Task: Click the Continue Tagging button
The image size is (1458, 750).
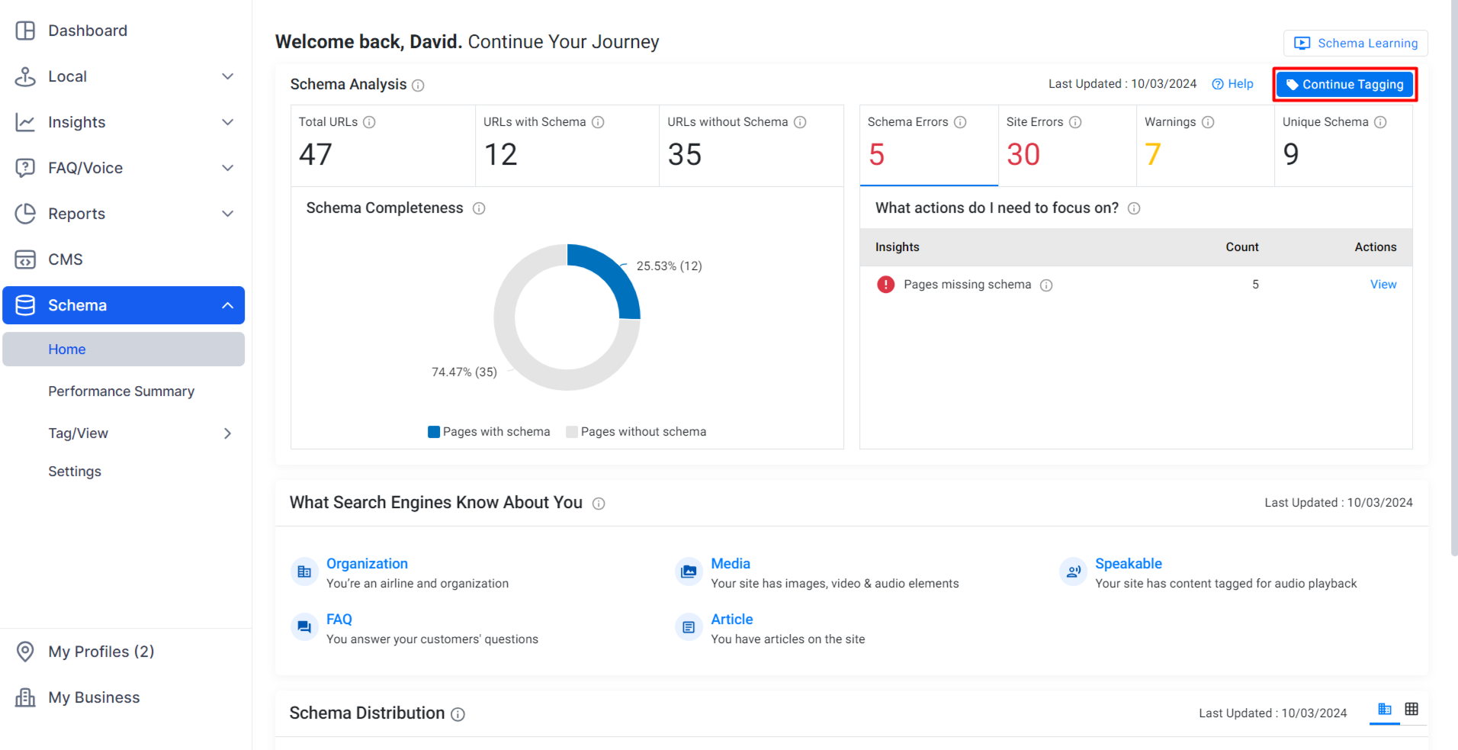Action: (x=1345, y=85)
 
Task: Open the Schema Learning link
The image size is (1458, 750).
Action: (x=1356, y=43)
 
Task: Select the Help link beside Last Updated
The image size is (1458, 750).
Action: (x=1232, y=84)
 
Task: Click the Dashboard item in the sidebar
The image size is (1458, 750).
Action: (x=87, y=31)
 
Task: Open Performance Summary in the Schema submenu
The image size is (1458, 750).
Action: (x=121, y=391)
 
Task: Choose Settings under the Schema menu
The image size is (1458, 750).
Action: (x=75, y=472)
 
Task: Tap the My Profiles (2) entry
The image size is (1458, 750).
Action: (x=101, y=652)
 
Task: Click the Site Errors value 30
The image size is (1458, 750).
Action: (x=1023, y=155)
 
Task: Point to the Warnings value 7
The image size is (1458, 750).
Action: (x=1152, y=155)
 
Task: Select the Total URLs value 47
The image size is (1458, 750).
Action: (x=316, y=155)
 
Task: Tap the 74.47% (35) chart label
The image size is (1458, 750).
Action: (x=464, y=372)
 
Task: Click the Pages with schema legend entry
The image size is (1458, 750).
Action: (x=489, y=432)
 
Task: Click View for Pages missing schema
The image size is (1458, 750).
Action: (x=1383, y=285)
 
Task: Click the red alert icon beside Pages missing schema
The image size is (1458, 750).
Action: (x=885, y=285)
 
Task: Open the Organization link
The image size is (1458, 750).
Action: (x=367, y=564)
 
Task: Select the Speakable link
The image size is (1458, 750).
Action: (x=1129, y=564)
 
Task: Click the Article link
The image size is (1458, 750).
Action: (x=732, y=620)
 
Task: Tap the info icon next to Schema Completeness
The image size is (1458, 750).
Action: (x=479, y=208)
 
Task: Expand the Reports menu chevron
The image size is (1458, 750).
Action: (x=227, y=214)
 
